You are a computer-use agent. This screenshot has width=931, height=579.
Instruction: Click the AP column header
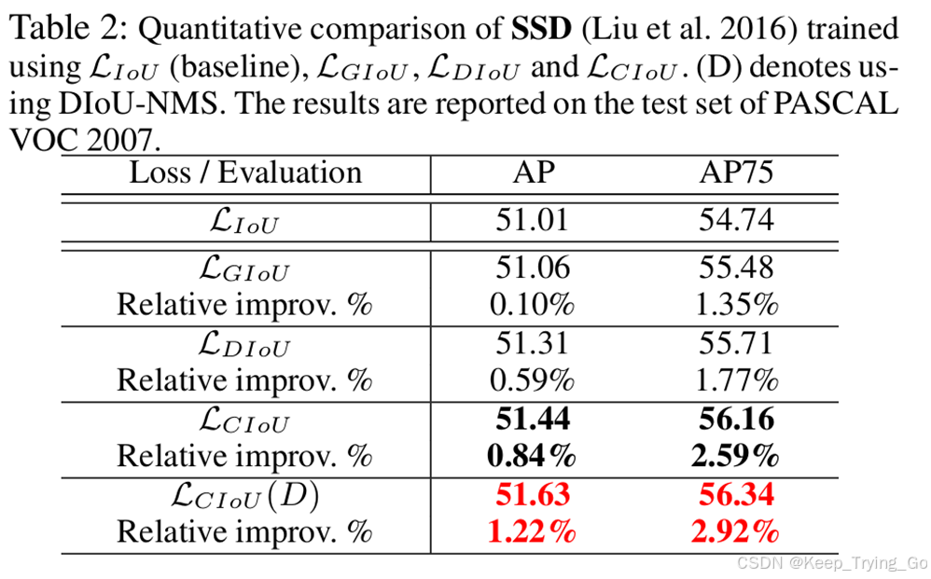coord(532,172)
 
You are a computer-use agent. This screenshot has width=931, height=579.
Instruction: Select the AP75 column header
coord(736,172)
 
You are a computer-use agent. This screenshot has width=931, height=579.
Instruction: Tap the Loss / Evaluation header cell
coord(245,172)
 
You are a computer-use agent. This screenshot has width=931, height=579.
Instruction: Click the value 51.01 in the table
coord(532,221)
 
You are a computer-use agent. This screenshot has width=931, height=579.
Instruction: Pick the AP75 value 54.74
coord(736,221)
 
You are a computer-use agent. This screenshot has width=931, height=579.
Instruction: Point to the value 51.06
coord(532,269)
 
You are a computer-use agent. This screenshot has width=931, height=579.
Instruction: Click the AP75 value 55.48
coord(736,269)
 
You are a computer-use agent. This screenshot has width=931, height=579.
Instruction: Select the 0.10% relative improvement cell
coord(532,305)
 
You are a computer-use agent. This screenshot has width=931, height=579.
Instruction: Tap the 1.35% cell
coord(736,305)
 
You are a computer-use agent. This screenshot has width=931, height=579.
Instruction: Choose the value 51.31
coord(532,344)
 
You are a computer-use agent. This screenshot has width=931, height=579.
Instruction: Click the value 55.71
coord(736,344)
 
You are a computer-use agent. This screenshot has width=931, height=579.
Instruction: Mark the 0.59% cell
coord(532,380)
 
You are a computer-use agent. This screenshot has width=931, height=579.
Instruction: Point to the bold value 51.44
coord(532,420)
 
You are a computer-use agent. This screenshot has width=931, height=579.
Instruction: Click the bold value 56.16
coord(736,420)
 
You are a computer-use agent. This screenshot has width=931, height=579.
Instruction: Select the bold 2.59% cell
coord(736,456)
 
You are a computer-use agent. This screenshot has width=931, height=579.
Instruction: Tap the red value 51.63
coord(532,495)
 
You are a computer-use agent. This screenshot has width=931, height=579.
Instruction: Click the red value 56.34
coord(736,495)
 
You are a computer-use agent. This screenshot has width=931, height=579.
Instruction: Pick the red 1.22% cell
coord(532,532)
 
